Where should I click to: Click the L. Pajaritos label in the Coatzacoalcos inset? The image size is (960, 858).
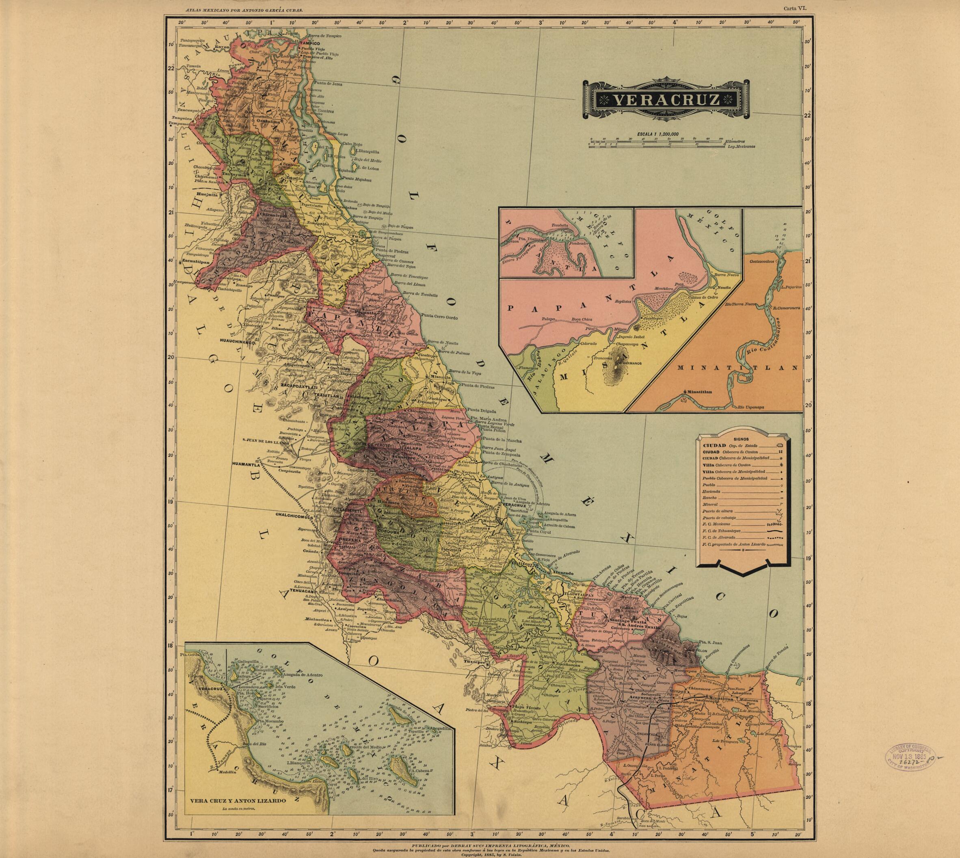pos(791,287)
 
